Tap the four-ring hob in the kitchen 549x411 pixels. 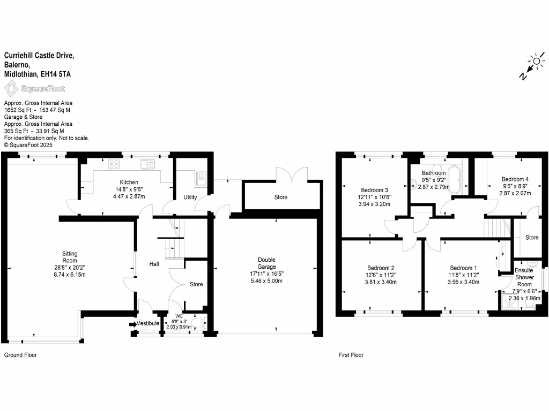[114, 164]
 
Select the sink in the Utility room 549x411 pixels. [201, 177]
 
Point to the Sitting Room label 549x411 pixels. [70, 257]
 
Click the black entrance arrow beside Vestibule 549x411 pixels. [132, 324]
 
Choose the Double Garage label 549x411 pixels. [267, 263]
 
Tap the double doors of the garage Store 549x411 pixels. [292, 175]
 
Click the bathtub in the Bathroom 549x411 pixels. [454, 180]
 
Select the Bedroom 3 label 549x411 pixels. [374, 190]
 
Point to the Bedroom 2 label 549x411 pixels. [381, 268]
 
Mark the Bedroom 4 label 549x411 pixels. [515, 179]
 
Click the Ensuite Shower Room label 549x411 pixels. [524, 277]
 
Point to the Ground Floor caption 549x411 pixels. [20, 355]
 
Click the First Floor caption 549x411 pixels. [351, 355]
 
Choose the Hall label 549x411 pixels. [154, 264]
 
